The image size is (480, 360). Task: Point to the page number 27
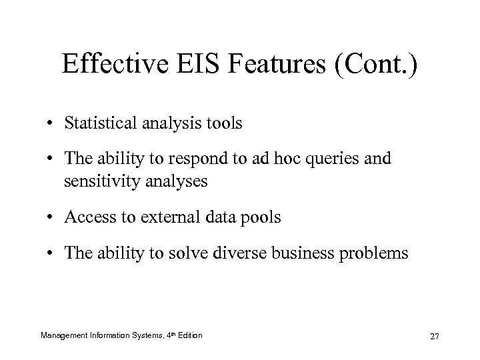[x=435, y=335]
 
